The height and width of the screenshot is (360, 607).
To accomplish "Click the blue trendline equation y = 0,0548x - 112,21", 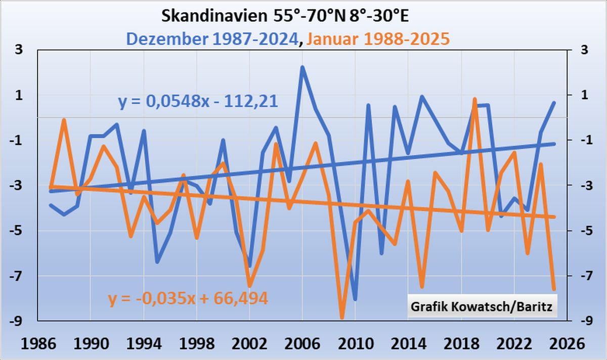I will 198,102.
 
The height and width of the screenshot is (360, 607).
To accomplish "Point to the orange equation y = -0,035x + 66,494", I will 188,298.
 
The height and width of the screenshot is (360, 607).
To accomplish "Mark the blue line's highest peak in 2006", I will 302,67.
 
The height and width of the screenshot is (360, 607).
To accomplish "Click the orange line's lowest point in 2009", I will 342,318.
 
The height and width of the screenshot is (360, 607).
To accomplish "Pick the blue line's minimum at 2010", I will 355,299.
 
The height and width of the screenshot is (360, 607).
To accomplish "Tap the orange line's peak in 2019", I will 474,99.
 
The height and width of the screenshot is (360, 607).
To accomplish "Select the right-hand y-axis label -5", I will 582,231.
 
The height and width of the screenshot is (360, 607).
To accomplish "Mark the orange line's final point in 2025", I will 554,289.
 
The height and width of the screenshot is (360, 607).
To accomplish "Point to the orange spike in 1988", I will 64,120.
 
